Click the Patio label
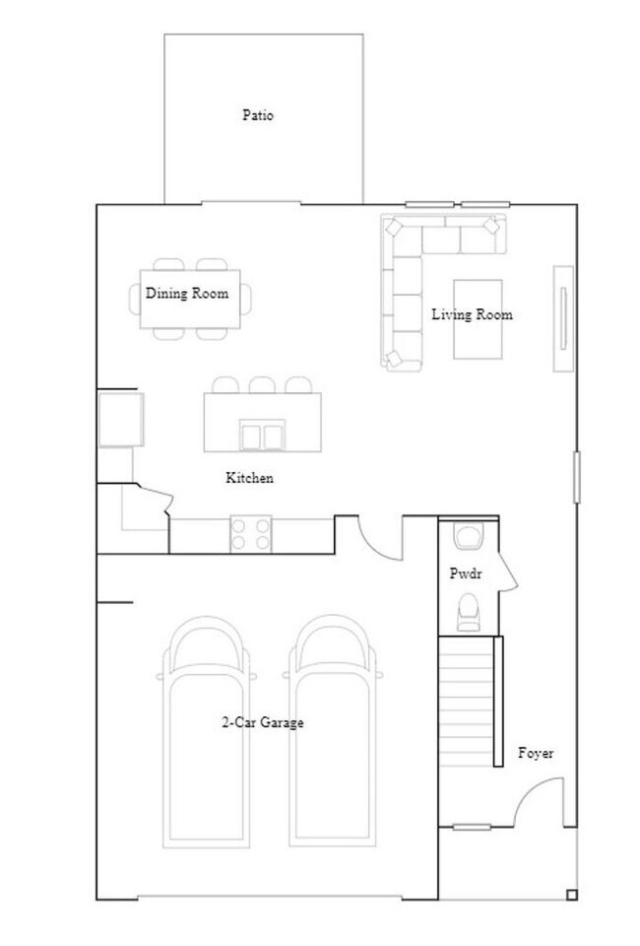click(258, 115)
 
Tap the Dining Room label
click(187, 293)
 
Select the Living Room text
click(472, 315)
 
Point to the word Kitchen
click(249, 478)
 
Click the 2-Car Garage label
click(262, 722)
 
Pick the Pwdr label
click(466, 573)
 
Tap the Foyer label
click(536, 753)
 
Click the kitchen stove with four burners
click(250, 534)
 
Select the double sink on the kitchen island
click(262, 434)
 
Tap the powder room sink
click(467, 536)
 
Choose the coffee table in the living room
click(478, 319)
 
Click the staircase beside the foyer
click(465, 700)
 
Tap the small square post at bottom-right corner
click(571, 895)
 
